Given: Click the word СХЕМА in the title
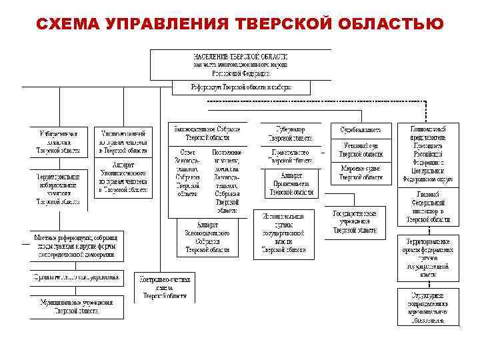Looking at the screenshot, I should (x=65, y=25).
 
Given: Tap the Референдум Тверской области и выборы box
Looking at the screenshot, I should (x=241, y=87).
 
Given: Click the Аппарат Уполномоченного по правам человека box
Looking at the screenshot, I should (x=123, y=177).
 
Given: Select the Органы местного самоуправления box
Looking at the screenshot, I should (x=75, y=277).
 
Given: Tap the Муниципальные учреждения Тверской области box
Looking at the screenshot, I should (x=75, y=306).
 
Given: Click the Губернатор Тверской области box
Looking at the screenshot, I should (x=289, y=133).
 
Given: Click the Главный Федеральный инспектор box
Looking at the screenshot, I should (x=429, y=206).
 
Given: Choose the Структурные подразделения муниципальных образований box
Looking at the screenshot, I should (x=429, y=306).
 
